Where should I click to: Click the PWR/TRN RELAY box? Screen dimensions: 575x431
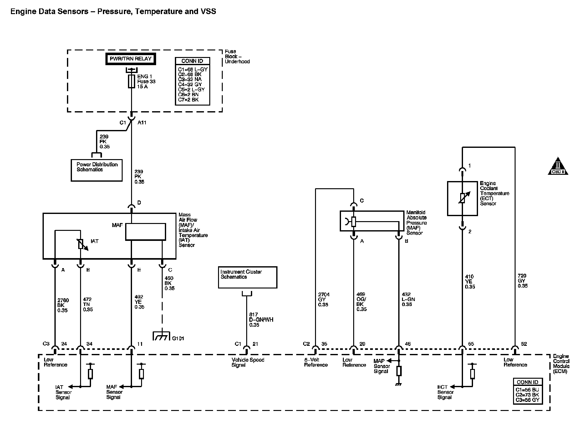coord(130,59)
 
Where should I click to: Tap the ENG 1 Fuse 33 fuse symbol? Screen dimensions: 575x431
coord(131,81)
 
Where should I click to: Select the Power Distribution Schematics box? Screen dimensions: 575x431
coord(97,170)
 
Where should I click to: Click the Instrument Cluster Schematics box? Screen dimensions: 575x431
coord(247,277)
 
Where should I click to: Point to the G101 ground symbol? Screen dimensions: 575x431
coord(161,336)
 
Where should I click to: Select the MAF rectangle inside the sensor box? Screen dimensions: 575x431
coord(145,232)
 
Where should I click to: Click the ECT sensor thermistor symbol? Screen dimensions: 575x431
coord(462,198)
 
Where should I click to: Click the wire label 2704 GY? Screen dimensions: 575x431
coord(324,299)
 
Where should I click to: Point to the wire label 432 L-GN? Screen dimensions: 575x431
coord(408,299)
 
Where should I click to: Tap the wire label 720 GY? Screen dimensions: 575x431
coord(522,281)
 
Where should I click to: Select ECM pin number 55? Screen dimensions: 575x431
coord(471,344)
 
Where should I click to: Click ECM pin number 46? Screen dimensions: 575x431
coord(407,344)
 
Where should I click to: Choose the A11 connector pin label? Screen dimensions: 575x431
coord(142,122)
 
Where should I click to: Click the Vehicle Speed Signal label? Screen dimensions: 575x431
coord(248,362)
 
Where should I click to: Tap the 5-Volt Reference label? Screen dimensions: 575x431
coord(316,362)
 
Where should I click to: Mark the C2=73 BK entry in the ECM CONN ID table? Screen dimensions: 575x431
coord(527,395)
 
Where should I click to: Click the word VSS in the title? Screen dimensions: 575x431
coord(208,12)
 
